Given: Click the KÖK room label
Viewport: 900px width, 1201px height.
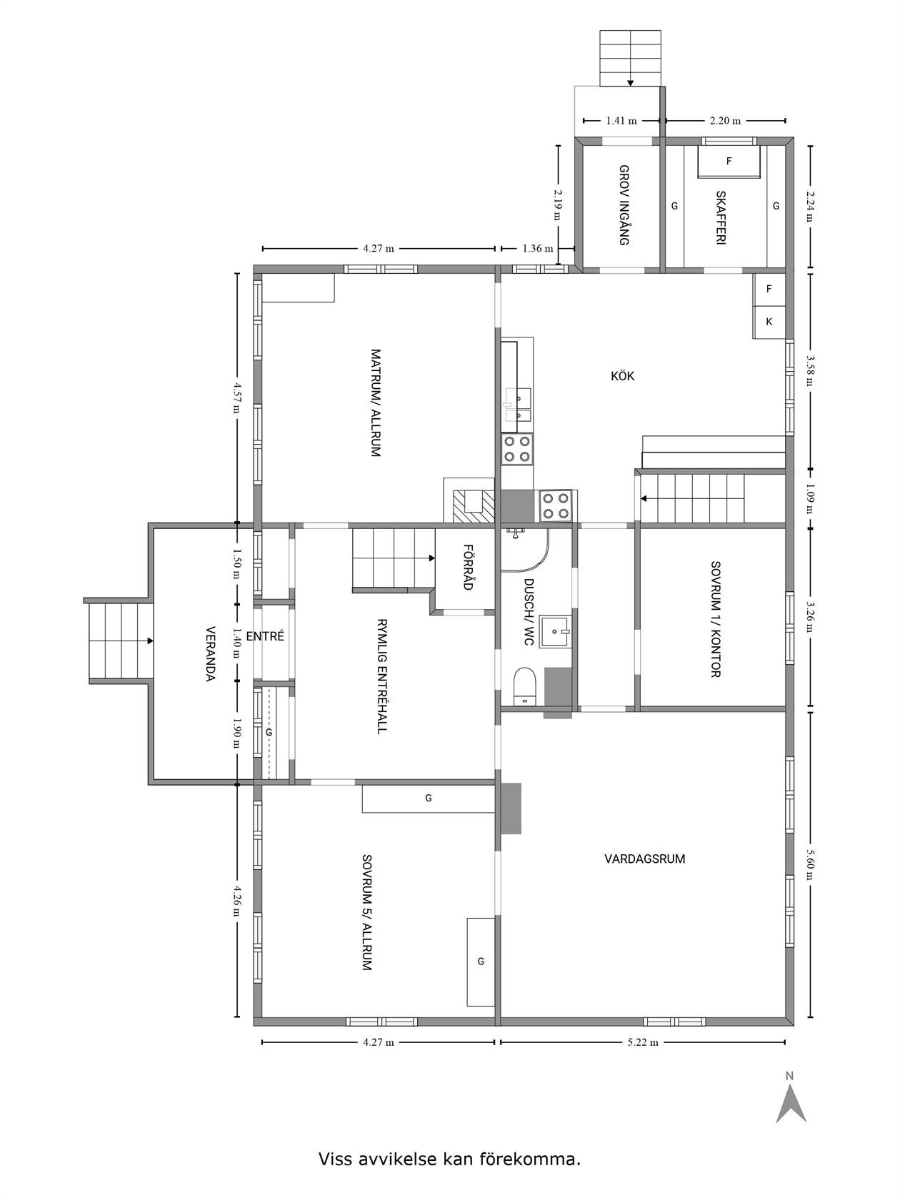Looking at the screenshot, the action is (623, 376).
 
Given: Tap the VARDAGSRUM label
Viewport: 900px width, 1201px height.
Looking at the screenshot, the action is (644, 859).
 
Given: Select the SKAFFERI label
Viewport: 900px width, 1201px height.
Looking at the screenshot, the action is (721, 217).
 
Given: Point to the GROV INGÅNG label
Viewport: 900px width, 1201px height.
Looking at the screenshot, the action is (624, 205).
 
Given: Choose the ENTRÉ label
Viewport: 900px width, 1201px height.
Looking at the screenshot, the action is (265, 636).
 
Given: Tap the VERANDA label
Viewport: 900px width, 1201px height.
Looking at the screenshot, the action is (211, 653).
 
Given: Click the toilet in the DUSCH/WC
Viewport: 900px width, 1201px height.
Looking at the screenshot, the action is (526, 686).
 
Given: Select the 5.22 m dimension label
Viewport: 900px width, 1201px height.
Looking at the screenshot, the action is (643, 1042).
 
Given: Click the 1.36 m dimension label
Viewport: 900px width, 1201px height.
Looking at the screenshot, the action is (538, 248).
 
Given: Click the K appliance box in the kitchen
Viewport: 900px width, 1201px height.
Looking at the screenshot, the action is (769, 322).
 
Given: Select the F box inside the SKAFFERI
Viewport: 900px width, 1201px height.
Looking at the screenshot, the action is (729, 162).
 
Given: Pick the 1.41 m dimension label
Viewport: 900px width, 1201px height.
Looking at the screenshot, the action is (621, 121).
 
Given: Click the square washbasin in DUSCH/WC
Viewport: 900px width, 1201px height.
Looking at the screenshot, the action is (556, 631).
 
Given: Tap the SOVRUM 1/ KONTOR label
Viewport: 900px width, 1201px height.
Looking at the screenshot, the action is (716, 619).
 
